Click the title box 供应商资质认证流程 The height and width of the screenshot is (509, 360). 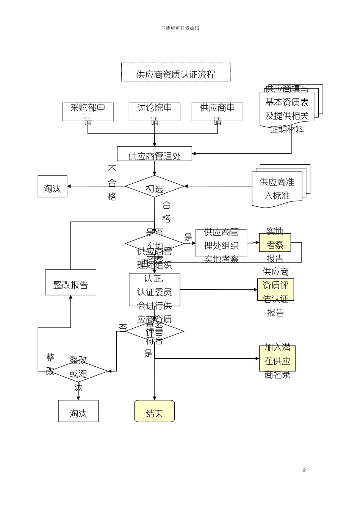click(x=175, y=72)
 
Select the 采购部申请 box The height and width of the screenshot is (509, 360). click(x=88, y=112)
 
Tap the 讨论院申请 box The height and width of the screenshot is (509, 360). click(x=154, y=112)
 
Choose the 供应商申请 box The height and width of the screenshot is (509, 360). click(x=217, y=112)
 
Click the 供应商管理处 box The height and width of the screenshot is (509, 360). click(x=154, y=154)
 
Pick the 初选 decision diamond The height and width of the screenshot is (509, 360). click(x=154, y=186)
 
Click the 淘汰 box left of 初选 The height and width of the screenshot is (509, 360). click(x=52, y=186)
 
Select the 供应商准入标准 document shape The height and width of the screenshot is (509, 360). click(x=277, y=189)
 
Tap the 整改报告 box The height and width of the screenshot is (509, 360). click(x=70, y=283)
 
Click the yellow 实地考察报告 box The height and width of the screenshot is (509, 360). click(x=275, y=242)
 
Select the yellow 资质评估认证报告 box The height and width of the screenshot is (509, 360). click(x=275, y=290)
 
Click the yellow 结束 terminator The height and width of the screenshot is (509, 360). click(x=154, y=411)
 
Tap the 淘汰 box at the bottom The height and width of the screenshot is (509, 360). click(x=78, y=411)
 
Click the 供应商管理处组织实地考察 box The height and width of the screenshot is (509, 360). click(x=221, y=243)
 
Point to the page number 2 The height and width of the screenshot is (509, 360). click(x=304, y=471)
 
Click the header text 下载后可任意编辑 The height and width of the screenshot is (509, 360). click(x=180, y=28)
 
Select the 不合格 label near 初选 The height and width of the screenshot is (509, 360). click(x=112, y=183)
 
